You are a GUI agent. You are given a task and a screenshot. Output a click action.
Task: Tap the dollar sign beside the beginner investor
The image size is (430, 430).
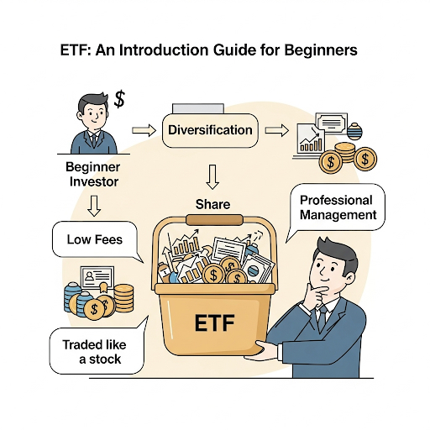(119, 99)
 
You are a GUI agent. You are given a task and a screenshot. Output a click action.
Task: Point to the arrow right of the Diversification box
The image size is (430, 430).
(275, 131)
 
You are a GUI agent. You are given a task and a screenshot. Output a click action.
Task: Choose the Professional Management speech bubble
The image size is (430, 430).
(336, 207)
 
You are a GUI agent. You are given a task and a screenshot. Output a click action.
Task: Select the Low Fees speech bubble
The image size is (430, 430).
(94, 240)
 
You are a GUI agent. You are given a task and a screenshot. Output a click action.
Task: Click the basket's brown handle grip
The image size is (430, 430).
(214, 220)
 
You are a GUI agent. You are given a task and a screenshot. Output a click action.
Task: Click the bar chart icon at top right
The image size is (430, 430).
(311, 143)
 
